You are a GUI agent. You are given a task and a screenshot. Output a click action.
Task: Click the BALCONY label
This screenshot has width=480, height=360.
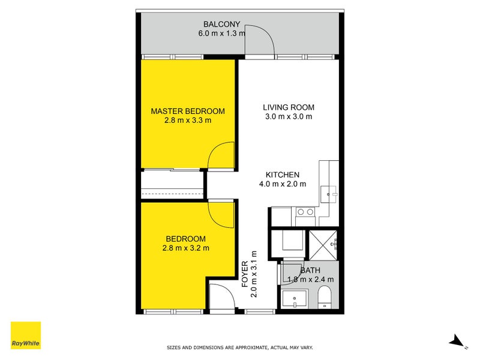pos(222,25)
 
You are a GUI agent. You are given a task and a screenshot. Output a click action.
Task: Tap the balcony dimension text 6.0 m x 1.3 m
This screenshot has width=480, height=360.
pos(222,34)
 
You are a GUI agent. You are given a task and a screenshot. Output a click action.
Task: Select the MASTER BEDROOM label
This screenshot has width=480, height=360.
pos(188,111)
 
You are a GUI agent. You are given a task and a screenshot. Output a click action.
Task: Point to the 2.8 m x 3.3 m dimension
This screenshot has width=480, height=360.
pos(188,120)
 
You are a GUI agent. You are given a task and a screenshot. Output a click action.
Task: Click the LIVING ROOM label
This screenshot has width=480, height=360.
pos(289,107)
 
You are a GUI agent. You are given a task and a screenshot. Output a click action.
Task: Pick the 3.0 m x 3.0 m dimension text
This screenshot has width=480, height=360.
pos(289,116)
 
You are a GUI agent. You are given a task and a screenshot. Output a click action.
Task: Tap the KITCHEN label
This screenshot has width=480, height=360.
pos(282,175)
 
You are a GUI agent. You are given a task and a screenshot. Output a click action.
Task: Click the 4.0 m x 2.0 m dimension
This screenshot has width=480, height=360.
pos(282,184)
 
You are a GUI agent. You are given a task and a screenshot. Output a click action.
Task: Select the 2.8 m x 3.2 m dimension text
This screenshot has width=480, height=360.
pos(186,247)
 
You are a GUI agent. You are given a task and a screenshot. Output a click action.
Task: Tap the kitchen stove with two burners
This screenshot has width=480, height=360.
pos(306,211)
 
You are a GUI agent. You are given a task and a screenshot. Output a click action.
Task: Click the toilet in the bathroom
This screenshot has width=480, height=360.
pos(325,296)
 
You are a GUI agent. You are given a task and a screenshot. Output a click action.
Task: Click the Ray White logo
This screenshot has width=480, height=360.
pos(26,336)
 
